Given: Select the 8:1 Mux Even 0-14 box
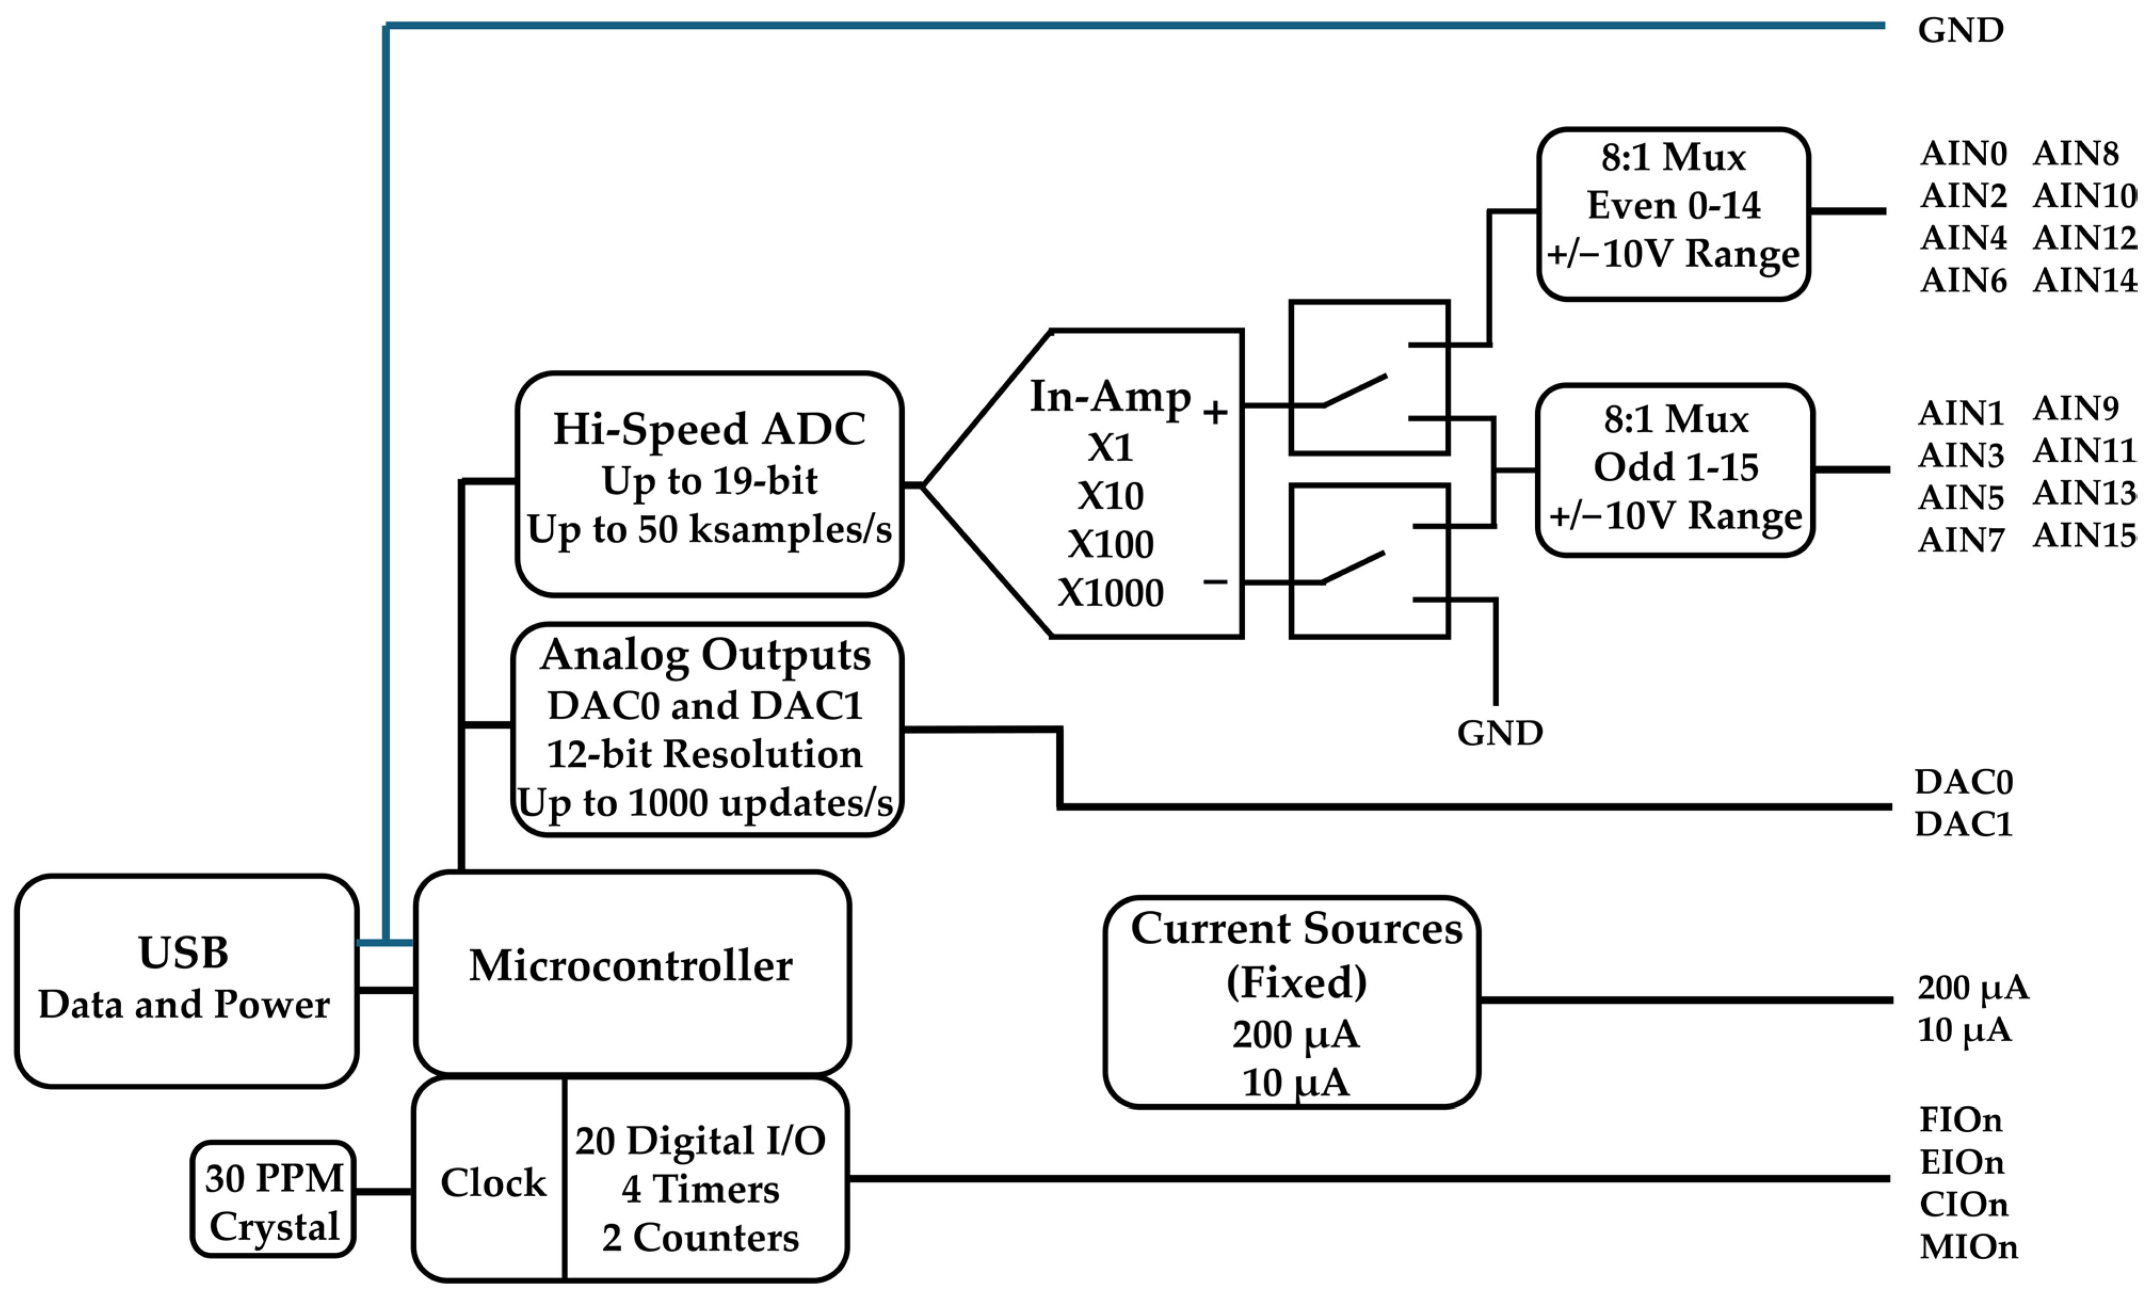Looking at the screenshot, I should [1673, 214].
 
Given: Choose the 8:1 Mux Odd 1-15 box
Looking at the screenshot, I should [1674, 470].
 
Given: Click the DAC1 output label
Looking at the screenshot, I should [1963, 824].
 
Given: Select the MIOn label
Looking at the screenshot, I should [1969, 1246].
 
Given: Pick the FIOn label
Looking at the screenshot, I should [1961, 1120].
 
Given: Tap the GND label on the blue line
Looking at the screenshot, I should [1961, 30].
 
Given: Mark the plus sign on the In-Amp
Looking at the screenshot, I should [1215, 412].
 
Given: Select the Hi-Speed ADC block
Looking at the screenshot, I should [708, 484].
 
